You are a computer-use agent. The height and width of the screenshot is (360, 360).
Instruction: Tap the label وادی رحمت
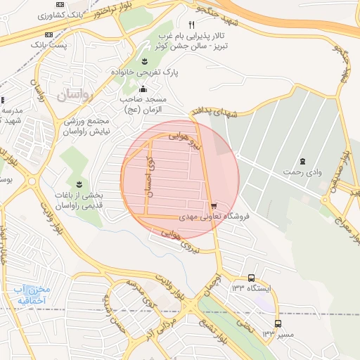[302, 172]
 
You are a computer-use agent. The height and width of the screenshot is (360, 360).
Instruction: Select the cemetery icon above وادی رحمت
[302, 162]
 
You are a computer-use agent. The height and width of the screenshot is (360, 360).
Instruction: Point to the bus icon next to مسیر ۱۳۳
[278, 324]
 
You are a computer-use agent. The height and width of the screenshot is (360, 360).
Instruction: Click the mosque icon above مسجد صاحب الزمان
[143, 89]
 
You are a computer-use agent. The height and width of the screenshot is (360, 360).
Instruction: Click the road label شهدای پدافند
[211, 113]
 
